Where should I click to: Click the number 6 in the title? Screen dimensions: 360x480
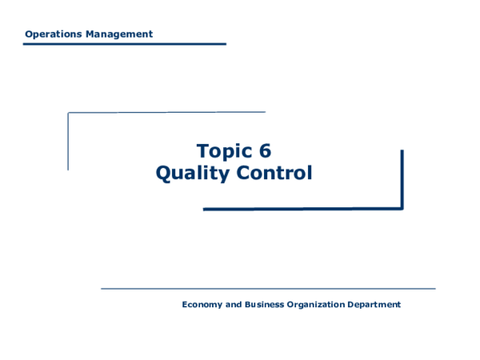266,150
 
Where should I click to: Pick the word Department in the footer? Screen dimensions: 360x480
374,305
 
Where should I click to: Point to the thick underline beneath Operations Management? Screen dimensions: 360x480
124,44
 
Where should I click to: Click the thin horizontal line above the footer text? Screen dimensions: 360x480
268,288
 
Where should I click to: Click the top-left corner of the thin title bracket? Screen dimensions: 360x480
69,113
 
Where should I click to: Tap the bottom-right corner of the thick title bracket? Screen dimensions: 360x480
402,208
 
